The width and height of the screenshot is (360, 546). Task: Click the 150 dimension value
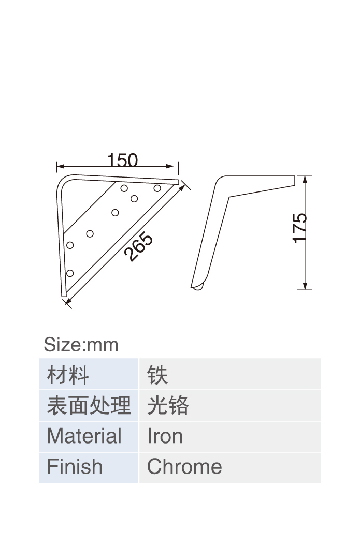122,160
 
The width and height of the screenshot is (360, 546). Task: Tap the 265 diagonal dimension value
138,247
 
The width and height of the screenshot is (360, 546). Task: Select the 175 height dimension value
299,228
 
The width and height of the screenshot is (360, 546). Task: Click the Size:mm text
81,345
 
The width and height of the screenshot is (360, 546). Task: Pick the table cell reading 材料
89,374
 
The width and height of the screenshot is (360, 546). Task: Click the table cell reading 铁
230,374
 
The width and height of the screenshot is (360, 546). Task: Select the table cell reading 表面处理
89,405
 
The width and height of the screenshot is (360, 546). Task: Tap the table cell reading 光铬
230,405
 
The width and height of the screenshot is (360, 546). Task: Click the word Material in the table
84,436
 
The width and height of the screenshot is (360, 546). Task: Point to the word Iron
165,436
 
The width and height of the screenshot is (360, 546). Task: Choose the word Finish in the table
75,467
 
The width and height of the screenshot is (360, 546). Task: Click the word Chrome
184,467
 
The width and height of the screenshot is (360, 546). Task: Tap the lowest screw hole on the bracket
70,273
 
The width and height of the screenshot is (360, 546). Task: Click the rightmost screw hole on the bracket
157,188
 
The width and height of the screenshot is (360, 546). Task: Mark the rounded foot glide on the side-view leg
198,287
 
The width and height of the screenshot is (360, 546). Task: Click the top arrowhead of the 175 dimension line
305,180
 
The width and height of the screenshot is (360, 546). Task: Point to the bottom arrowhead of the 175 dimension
305,285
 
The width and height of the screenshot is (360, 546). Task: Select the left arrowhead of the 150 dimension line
60,166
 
